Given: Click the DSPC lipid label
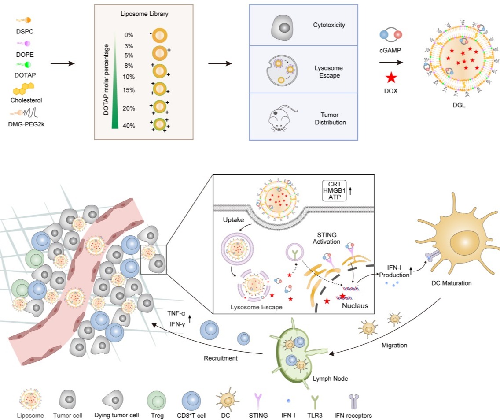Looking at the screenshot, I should (x=24, y=32).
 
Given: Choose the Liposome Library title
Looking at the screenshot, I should (x=144, y=14).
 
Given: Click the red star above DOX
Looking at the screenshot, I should (x=391, y=78).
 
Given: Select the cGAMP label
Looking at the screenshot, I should (x=391, y=51).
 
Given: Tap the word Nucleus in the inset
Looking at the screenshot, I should (x=355, y=305).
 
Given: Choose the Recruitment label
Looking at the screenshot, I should (x=221, y=358).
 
